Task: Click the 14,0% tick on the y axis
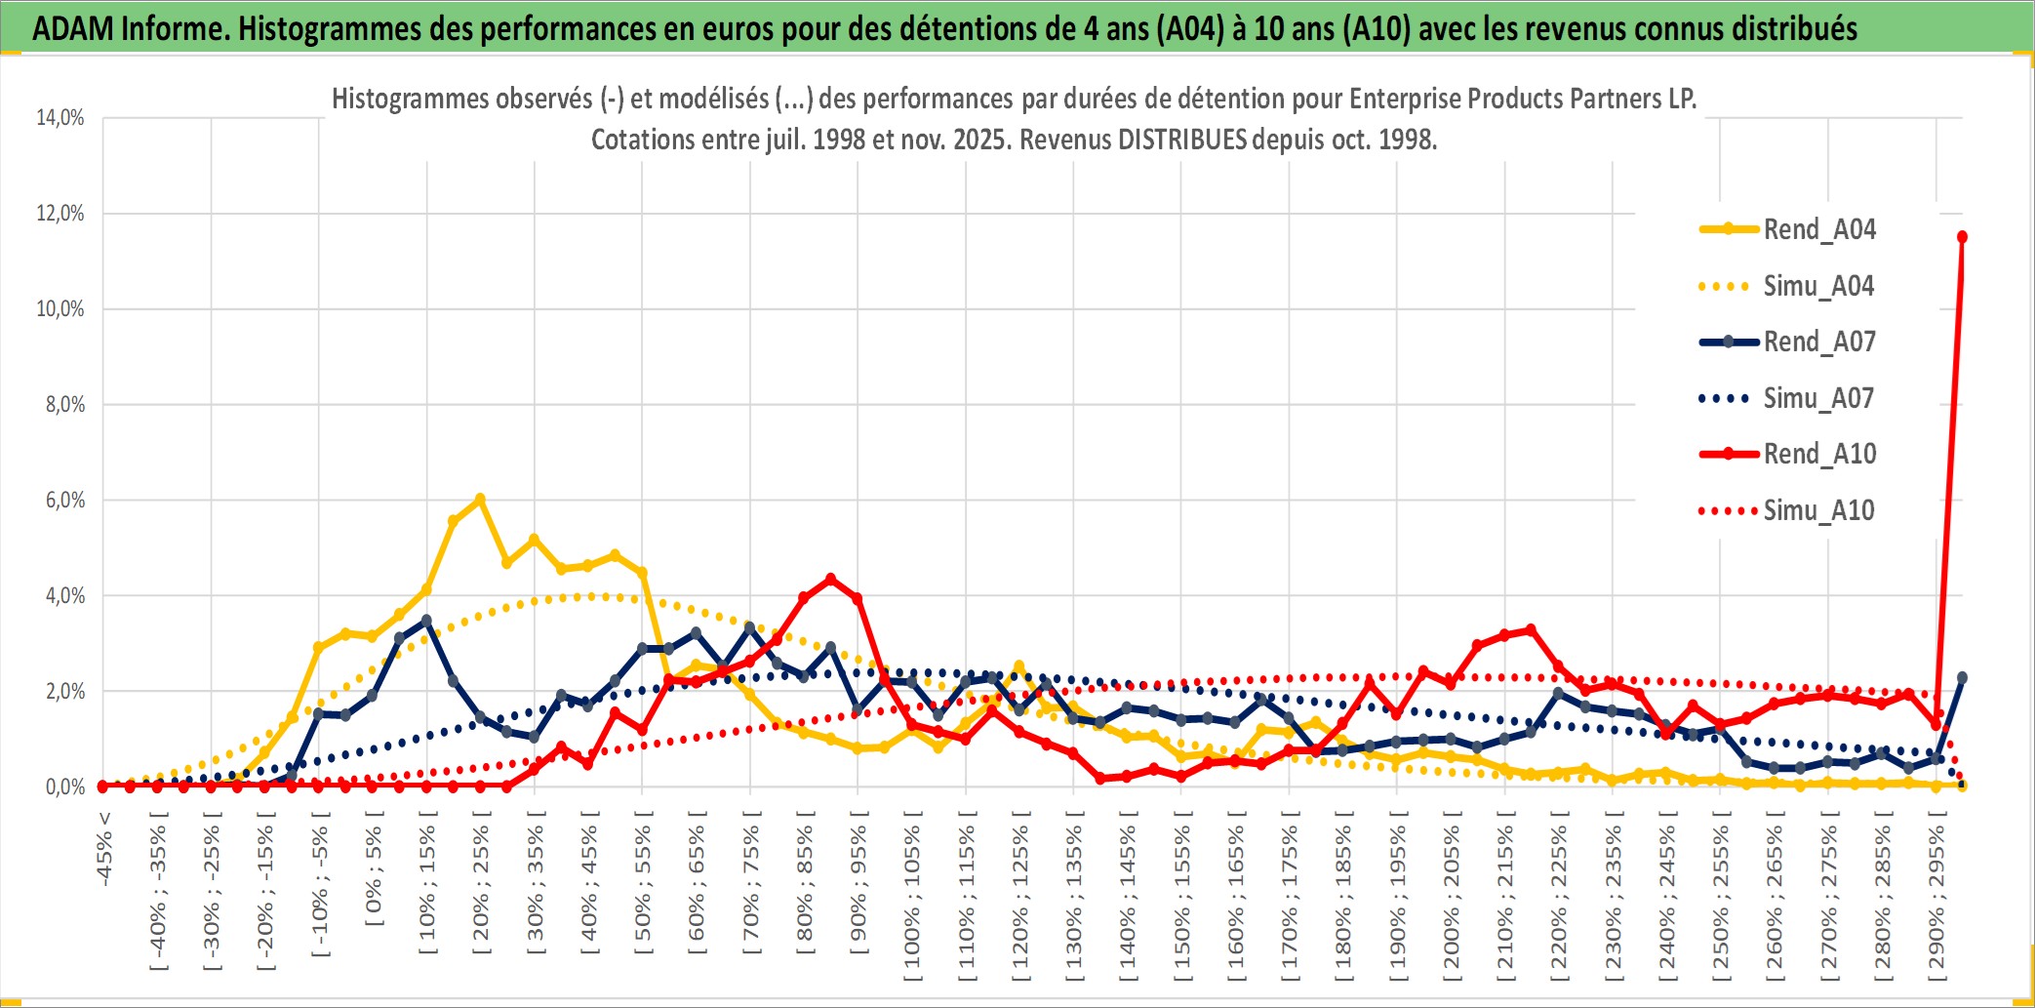pyautogui.click(x=60, y=118)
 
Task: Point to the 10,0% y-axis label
pyautogui.click(x=60, y=309)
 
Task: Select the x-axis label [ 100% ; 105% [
pyautogui.click(x=912, y=898)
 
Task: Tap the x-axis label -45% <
pyautogui.click(x=104, y=848)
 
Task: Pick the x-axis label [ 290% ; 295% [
pyautogui.click(x=1936, y=898)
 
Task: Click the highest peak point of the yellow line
pyautogui.click(x=480, y=500)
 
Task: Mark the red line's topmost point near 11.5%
pyautogui.click(x=1962, y=237)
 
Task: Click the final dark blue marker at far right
pyautogui.click(x=1962, y=677)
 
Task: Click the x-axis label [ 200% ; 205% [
pyautogui.click(x=1452, y=898)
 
